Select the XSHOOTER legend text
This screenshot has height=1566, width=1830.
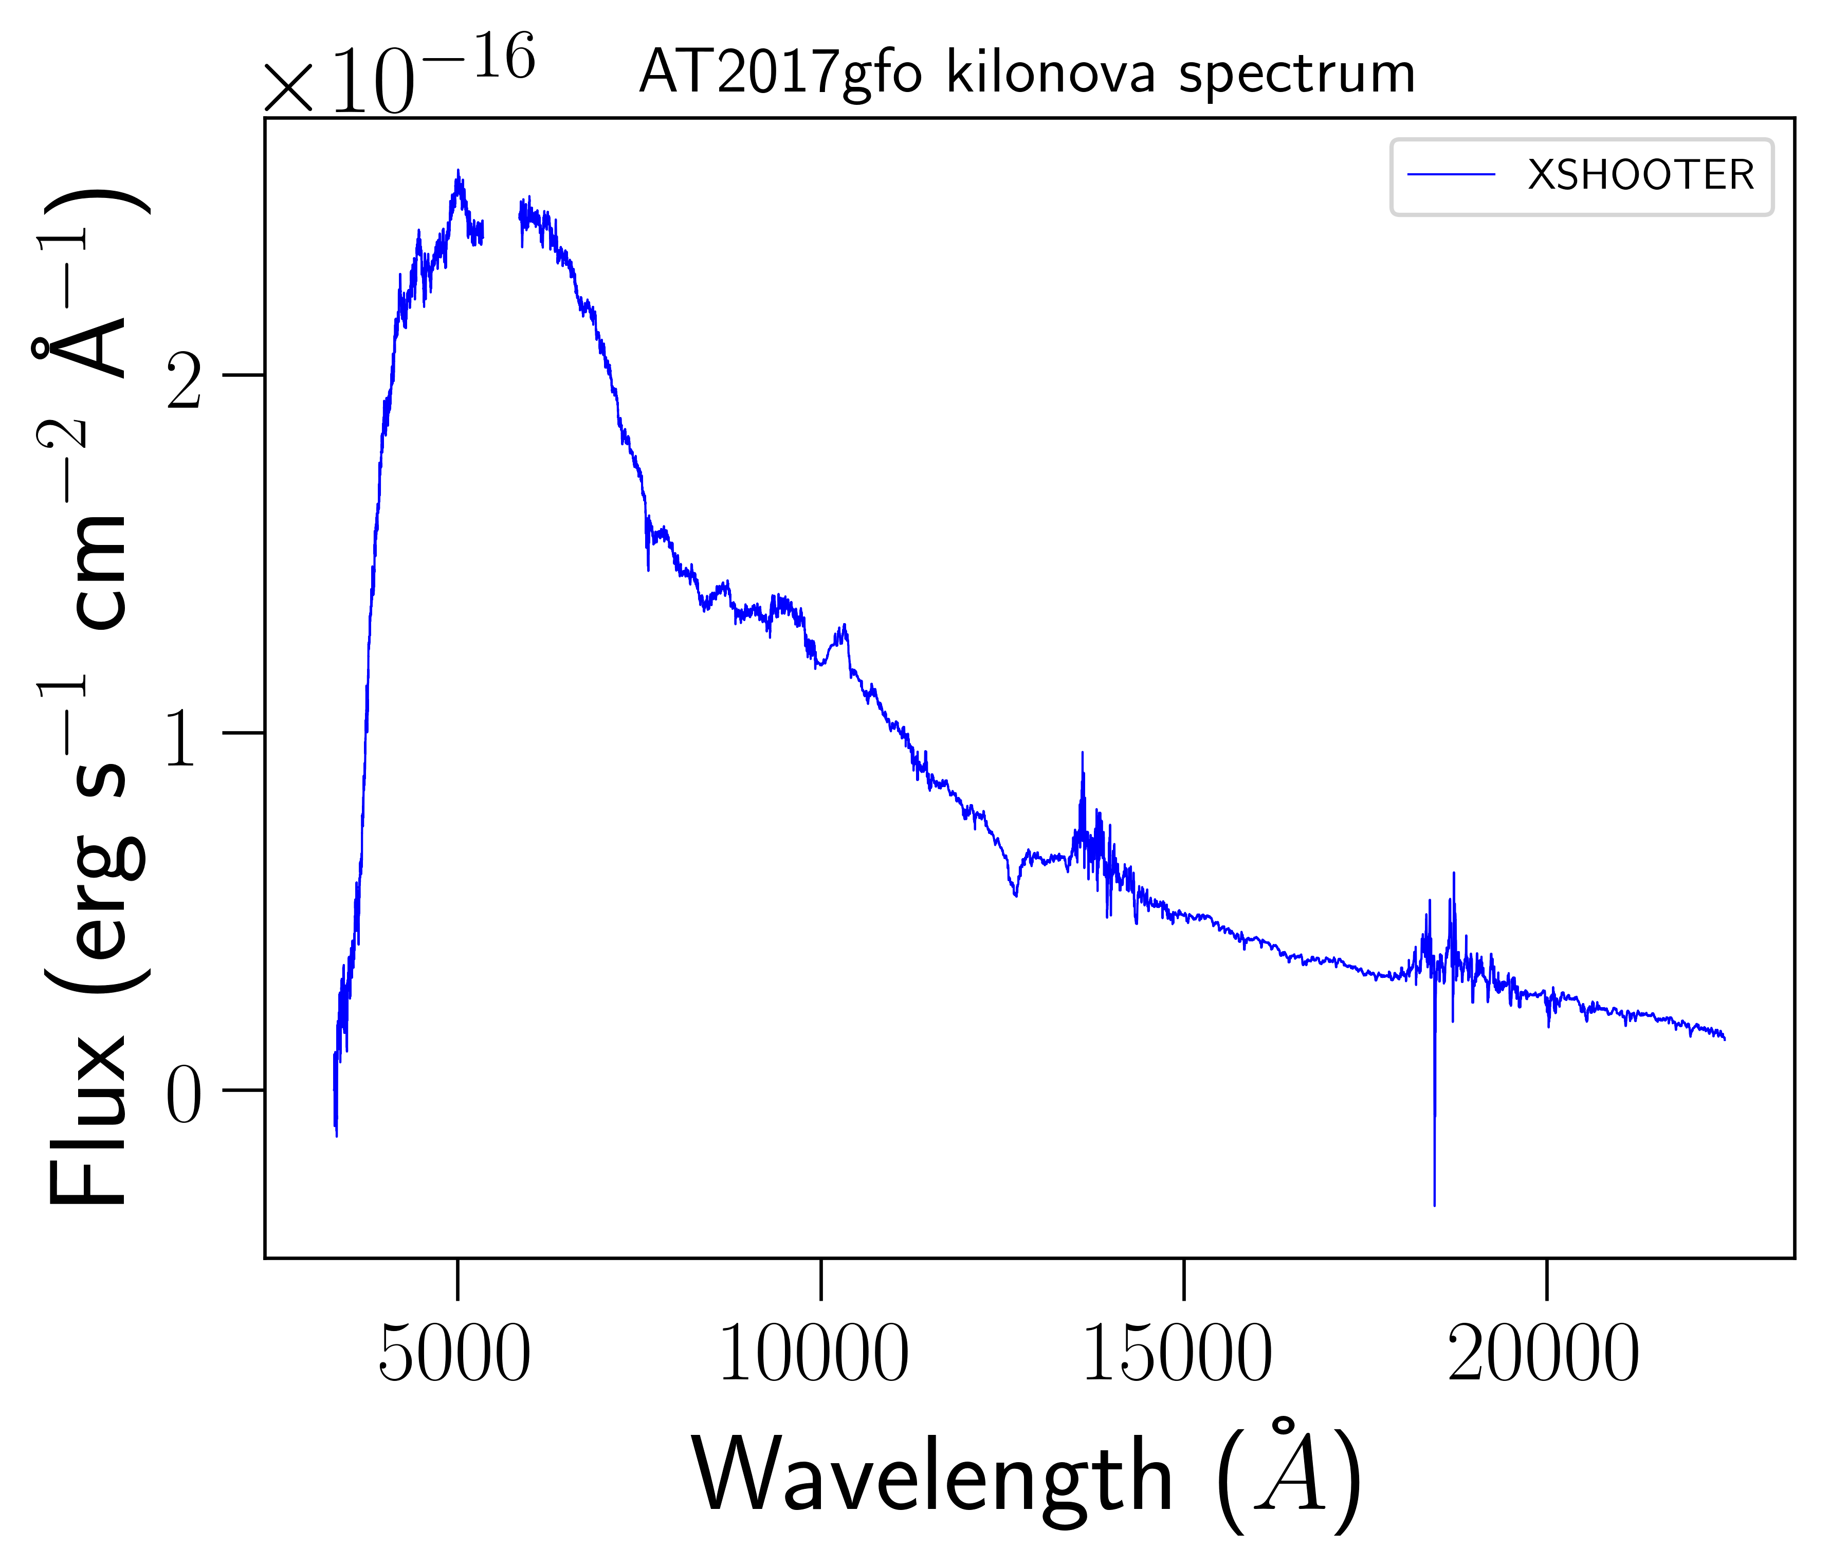[1640, 176]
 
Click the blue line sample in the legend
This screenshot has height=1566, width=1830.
[1451, 176]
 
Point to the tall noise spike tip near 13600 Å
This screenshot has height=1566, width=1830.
[1082, 753]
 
